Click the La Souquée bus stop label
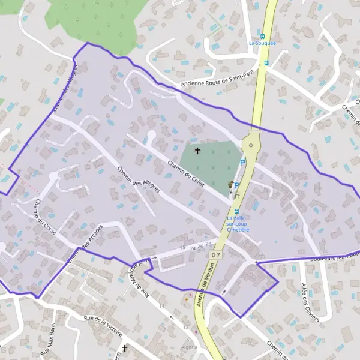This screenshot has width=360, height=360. click(x=262, y=43)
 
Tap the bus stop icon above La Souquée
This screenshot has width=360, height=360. click(x=262, y=36)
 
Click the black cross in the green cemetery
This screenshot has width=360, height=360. click(x=197, y=151)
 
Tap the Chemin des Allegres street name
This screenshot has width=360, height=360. click(x=139, y=179)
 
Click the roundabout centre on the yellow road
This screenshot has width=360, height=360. click(x=251, y=145)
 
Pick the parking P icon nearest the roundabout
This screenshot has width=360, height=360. click(x=242, y=162)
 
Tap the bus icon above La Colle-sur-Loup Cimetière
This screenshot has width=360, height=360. click(x=236, y=211)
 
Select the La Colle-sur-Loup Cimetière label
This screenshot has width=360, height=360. click(x=238, y=224)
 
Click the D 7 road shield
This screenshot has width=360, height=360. click(x=216, y=254)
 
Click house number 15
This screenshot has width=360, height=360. click(x=182, y=247)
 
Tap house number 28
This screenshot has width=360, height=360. click(x=208, y=244)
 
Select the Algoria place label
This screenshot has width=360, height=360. click(x=188, y=347)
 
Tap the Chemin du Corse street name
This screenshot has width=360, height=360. click(x=46, y=217)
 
